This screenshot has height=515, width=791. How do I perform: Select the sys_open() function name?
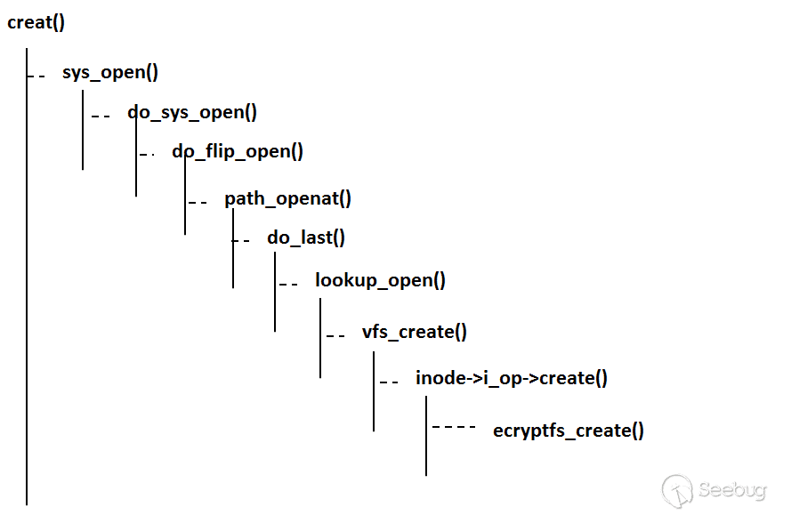pyautogui.click(x=110, y=72)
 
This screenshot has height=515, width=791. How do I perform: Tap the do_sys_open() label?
pyautogui.click(x=192, y=112)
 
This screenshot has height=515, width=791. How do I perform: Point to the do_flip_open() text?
pyautogui.click(x=238, y=151)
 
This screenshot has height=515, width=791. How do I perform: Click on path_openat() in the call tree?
pyautogui.click(x=287, y=198)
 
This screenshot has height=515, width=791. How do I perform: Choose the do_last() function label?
pyautogui.click(x=306, y=237)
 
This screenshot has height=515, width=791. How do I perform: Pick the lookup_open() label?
pyautogui.click(x=380, y=281)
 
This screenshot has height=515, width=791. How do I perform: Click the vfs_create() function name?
pyautogui.click(x=414, y=332)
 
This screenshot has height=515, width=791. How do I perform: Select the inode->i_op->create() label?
pyautogui.click(x=512, y=378)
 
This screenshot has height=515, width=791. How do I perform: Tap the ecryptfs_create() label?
pyautogui.click(x=569, y=431)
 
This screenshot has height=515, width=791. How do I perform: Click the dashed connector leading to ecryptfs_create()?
pyautogui.click(x=454, y=428)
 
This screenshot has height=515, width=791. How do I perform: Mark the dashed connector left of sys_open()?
pyautogui.click(x=37, y=76)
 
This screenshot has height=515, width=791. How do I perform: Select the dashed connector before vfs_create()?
pyautogui.click(x=335, y=336)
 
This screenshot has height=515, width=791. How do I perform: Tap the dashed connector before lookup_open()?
pyautogui.click(x=288, y=285)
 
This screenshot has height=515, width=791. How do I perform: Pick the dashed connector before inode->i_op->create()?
pyautogui.click(x=389, y=382)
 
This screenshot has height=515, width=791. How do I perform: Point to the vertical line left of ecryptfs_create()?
pyautogui.click(x=426, y=436)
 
